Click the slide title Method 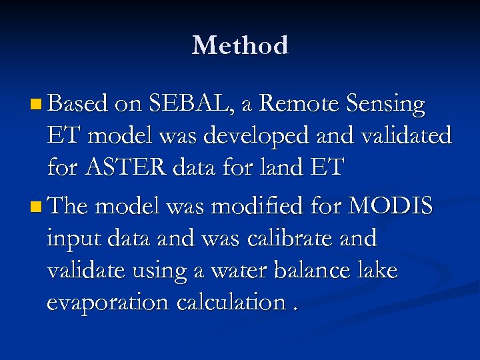click(240, 45)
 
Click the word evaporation click(109, 303)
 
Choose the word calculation click(233, 303)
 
